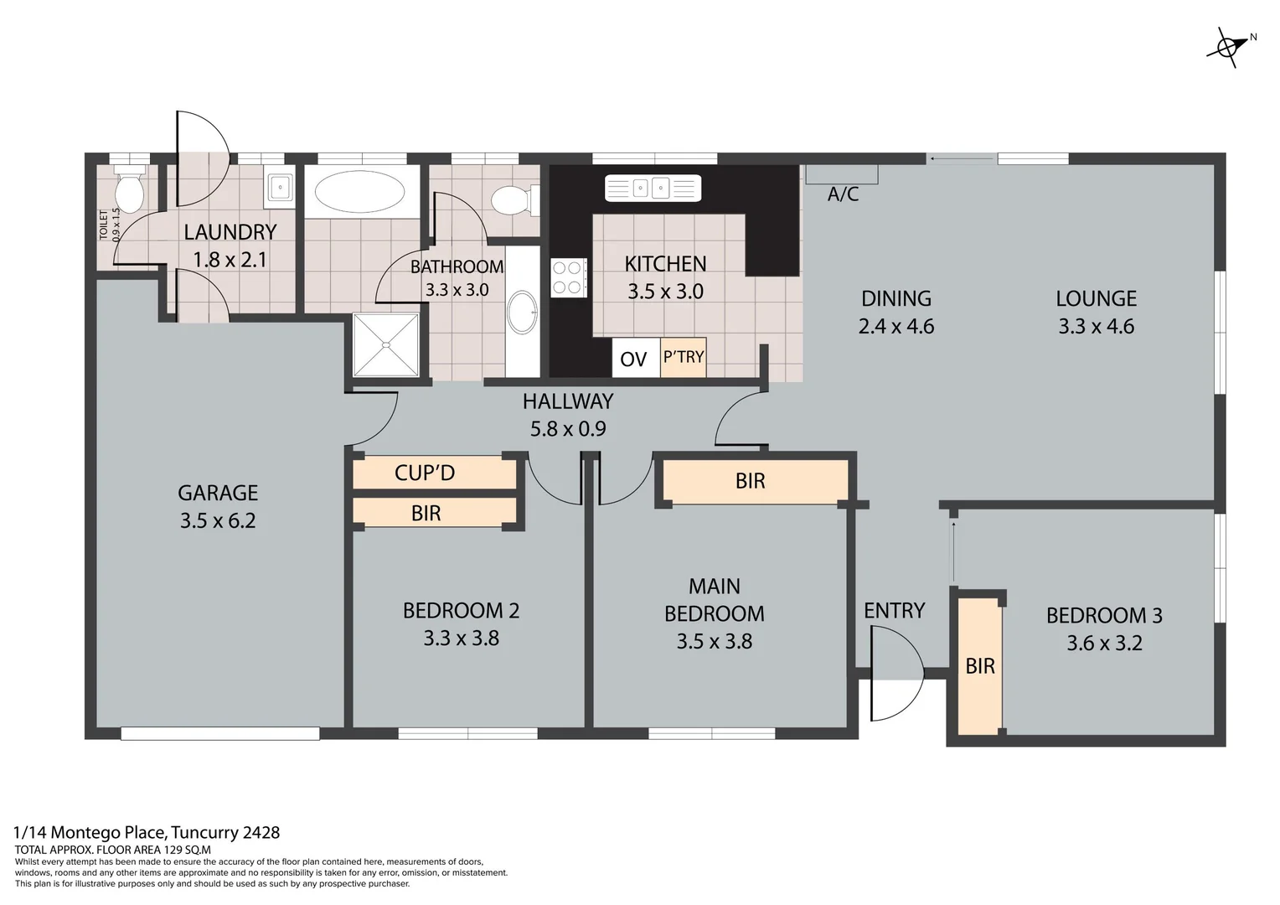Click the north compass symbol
pos(1228,47)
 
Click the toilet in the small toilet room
pos(129,192)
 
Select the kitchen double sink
pos(653,188)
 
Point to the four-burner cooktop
pos(567,277)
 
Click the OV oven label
pos(633,359)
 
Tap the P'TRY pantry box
pos(684,357)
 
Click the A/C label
pos(843,194)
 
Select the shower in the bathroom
pos(385,344)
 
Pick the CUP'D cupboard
pos(425,473)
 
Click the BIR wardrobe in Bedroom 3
pos(980,666)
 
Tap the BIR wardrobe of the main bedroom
pos(751,481)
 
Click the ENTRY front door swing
pos(896,673)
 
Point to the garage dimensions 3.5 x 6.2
pos(218,520)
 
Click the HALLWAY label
pos(568,401)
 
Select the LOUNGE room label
pos(1096,299)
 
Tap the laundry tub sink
pos(279,186)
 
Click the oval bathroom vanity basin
pos(524,312)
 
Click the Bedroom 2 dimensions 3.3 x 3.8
pos(461,639)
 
